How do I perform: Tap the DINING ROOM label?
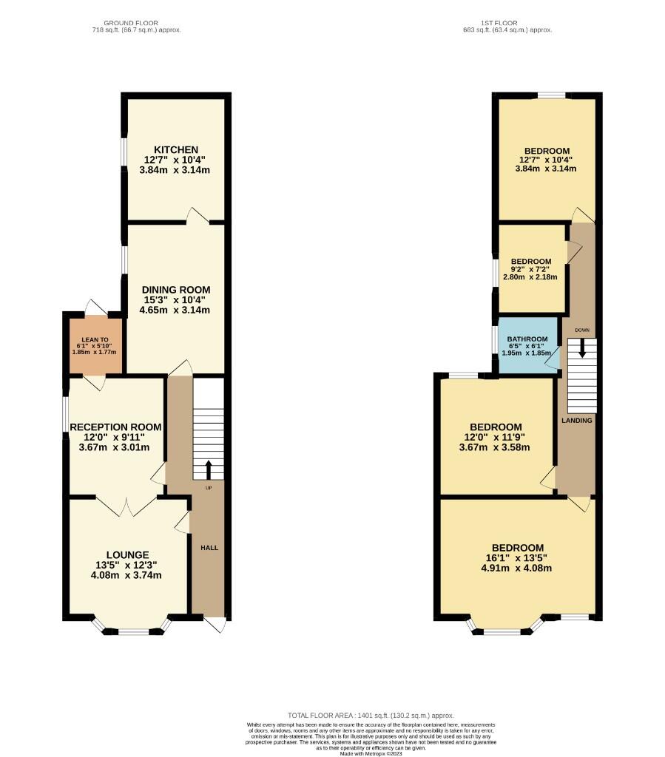[177, 289]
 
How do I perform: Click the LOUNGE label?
[127, 554]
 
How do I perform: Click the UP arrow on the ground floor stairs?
[208, 469]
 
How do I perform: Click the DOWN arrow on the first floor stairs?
[582, 347]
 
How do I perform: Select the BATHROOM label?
[527, 339]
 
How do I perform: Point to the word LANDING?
[576, 421]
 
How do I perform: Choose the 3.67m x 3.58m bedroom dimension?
[496, 447]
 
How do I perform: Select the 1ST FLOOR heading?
[507, 24]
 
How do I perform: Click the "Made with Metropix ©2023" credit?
[371, 753]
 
